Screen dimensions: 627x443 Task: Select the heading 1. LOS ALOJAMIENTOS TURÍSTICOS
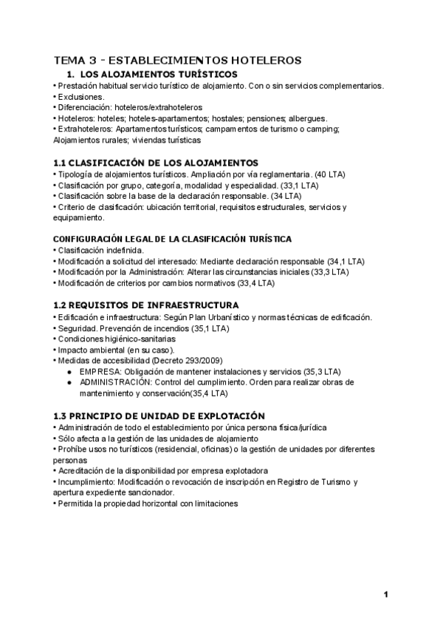pos(152,75)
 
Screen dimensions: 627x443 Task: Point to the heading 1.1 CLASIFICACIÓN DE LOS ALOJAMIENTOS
pos(156,163)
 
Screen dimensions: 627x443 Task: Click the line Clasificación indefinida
pos(97,251)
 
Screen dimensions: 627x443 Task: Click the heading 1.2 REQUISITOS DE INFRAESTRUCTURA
pos(145,305)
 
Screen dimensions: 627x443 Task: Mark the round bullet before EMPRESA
pos(69,371)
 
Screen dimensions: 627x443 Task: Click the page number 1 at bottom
pos(385,594)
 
